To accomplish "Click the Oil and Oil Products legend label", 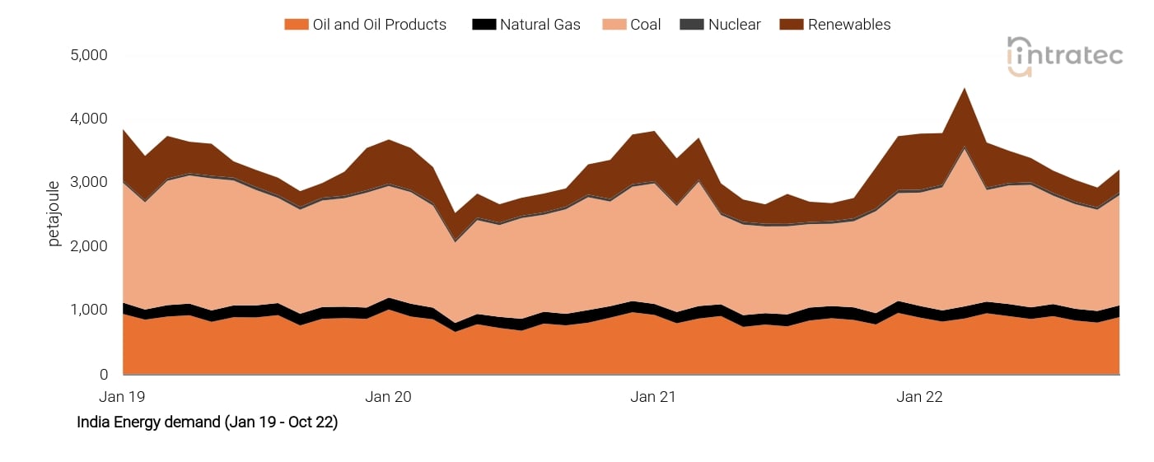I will tap(379, 25).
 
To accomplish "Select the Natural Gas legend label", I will tap(540, 25).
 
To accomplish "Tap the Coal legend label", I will tap(645, 25).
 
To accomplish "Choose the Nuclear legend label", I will tap(735, 25).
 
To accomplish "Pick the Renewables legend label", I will tap(848, 25).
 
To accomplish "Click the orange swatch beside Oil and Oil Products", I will tap(296, 25).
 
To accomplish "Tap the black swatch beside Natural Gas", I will tap(484, 25).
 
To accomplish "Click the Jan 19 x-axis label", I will tap(122, 397).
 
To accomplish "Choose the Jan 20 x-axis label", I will tap(388, 397).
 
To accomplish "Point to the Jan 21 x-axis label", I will tap(653, 397).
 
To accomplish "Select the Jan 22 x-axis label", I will tap(919, 397).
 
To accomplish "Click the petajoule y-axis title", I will tap(54, 213).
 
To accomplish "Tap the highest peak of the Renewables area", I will tap(964, 89).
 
